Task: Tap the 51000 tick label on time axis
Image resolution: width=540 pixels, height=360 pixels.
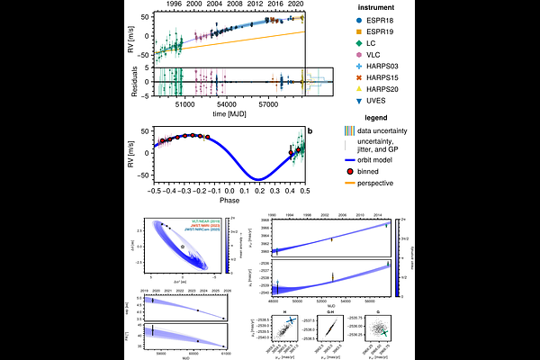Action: coord(185,103)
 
